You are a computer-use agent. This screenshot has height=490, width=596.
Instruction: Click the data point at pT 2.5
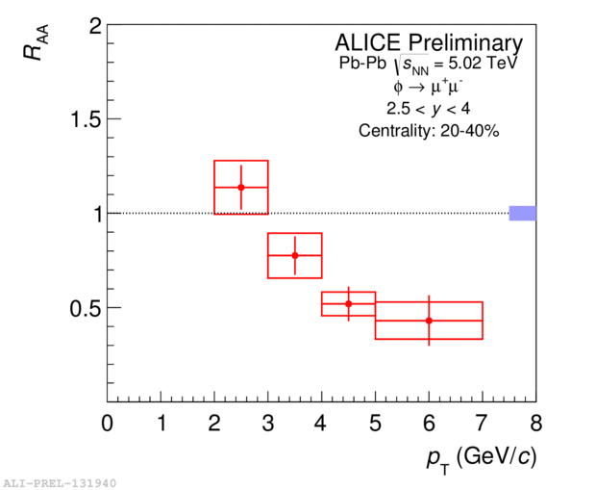[x=241, y=187]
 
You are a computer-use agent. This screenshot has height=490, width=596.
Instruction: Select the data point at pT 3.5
[x=295, y=255]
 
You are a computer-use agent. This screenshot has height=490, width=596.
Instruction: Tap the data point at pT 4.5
[x=348, y=303]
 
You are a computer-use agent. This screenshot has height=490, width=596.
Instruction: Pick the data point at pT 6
[x=429, y=320]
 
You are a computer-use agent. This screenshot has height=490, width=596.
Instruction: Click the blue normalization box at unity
[x=522, y=213]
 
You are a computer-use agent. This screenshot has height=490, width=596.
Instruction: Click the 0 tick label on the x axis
[x=107, y=424]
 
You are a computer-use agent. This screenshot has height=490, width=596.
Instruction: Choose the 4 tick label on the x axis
[x=322, y=424]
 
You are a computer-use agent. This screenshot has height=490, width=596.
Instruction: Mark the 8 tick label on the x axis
[x=536, y=424]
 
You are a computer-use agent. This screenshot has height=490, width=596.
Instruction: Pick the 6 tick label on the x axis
[x=429, y=424]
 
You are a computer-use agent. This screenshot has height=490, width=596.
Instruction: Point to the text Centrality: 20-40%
[x=429, y=131]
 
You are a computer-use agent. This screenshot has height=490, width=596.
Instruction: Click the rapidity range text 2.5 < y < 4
[x=429, y=109]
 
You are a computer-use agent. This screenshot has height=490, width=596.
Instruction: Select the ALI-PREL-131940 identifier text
[x=59, y=481]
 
